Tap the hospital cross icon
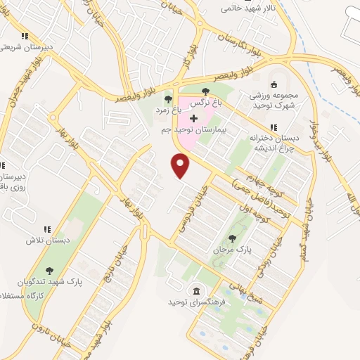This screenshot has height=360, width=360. point(194,118)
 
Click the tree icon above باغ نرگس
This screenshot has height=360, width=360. point(205,91)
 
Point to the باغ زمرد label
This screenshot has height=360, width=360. point(169,110)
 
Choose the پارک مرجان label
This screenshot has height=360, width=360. point(226,250)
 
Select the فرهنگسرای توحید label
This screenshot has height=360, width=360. point(191,302)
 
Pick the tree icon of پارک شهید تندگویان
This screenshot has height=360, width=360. point(49,270)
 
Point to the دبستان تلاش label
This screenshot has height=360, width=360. point(46,240)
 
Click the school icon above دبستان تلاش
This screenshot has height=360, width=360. point(47,229)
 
